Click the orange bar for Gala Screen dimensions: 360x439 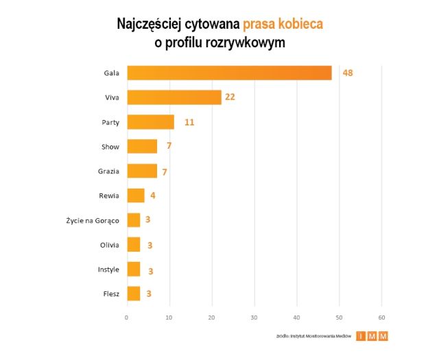229,73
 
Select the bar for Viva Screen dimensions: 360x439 174,97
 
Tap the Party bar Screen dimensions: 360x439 151,122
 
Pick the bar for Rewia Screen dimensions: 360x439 136,195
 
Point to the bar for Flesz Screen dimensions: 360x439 134,293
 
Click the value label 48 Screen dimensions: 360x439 347,73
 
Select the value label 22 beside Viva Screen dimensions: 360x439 230,97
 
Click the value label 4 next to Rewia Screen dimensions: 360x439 152,196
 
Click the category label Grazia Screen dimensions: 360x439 108,171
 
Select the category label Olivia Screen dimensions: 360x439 109,245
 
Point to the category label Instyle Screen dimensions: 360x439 108,269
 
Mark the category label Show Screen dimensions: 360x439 110,147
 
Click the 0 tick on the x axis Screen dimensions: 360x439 127,317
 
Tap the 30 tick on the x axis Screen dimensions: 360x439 254,317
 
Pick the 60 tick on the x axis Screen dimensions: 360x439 382,317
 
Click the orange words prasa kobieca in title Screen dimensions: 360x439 282,24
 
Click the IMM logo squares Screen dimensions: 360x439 372,336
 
